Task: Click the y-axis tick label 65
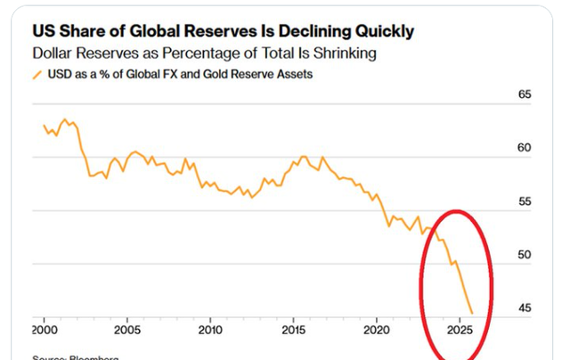coord(524,94)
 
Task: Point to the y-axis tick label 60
coord(524,148)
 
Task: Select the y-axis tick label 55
coord(524,201)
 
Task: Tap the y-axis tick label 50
coord(524,255)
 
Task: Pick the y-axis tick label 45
coord(524,308)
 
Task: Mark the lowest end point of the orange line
coord(472,313)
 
